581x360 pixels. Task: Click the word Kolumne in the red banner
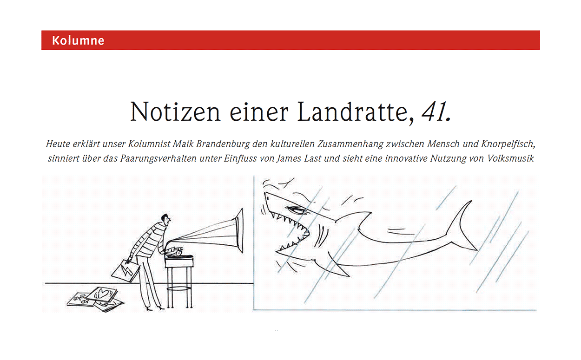78,40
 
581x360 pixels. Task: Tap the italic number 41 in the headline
436,112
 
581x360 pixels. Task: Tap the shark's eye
294,210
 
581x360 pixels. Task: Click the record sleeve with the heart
104,295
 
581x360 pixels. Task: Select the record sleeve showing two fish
81,300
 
